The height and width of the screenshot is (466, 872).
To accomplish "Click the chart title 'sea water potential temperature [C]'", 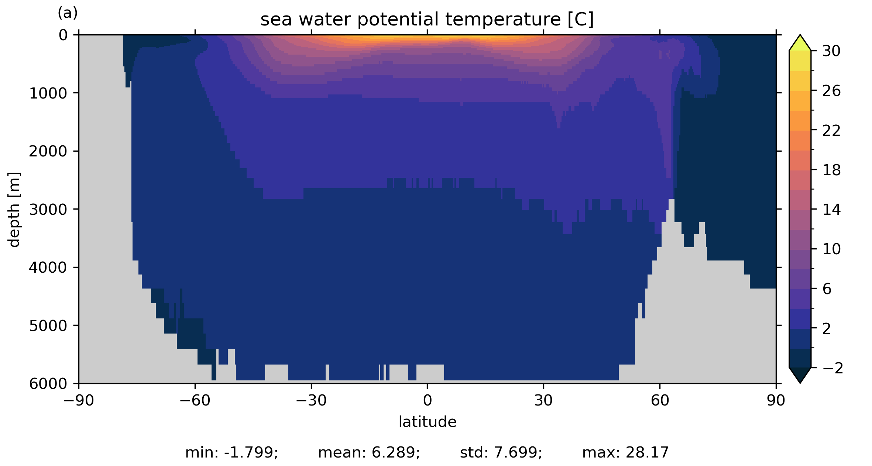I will tap(427, 20).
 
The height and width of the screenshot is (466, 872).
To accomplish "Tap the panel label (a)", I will tap(68, 13).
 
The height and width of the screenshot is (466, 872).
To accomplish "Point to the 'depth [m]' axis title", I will tap(14, 209).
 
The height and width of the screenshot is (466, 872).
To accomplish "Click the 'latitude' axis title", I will tap(427, 422).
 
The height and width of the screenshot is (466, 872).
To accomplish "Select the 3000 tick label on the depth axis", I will tap(48, 209).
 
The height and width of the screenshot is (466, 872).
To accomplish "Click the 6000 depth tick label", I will tap(48, 384).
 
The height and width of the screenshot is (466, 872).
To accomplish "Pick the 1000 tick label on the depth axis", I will tap(48, 93).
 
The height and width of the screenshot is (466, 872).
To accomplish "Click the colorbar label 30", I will tap(831, 51).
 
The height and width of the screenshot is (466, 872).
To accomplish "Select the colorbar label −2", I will tap(833, 368).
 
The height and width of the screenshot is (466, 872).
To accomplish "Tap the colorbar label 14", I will tap(831, 210).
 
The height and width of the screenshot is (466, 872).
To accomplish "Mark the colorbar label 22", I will tap(831, 131).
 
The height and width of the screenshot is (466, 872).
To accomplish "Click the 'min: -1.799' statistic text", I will tap(231, 453).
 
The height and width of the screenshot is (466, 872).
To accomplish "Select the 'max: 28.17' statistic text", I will tap(625, 453).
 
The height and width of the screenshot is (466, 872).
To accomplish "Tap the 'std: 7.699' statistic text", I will tap(501, 453).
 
